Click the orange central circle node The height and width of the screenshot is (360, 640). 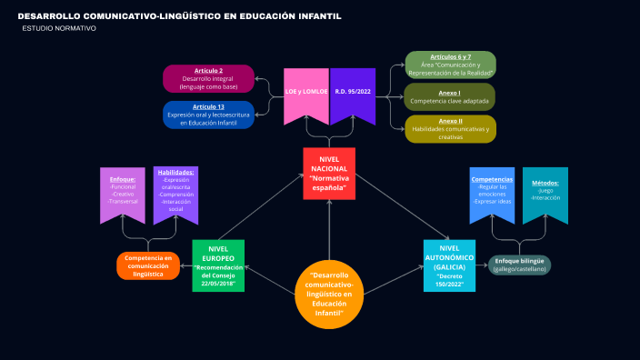[330, 293]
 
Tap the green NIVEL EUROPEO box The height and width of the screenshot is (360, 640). [218, 265]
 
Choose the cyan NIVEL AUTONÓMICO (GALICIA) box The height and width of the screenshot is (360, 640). [449, 265]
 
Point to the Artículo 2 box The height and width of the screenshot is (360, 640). [208, 78]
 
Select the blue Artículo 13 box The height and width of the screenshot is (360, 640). [208, 115]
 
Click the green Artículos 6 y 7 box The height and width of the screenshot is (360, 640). [450, 65]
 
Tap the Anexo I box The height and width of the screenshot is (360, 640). [450, 97]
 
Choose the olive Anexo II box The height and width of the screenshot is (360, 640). [450, 128]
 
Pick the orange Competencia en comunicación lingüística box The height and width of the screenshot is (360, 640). [148, 265]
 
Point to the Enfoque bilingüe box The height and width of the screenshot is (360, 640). [519, 265]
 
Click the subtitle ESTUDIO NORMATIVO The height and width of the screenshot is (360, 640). [58, 29]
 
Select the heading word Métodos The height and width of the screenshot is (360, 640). [545, 183]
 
